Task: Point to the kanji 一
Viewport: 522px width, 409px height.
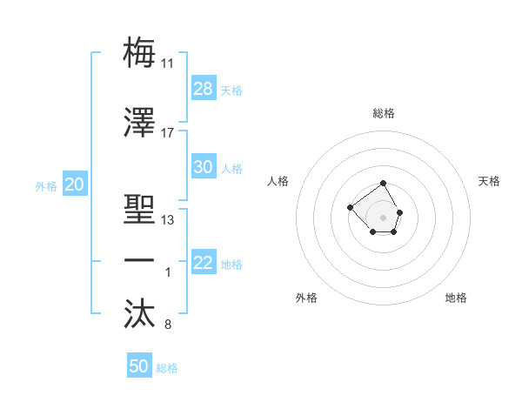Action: pos(140,261)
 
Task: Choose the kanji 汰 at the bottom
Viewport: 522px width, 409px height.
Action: pos(140,314)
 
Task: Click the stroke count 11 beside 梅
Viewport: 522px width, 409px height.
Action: pos(168,64)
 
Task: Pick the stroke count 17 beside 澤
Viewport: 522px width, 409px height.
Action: pos(168,133)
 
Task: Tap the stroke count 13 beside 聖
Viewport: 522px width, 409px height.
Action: pos(168,220)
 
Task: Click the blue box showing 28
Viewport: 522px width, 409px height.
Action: pos(204,89)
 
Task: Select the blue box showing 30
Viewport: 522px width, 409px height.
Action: pos(204,167)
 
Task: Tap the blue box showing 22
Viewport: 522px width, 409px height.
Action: pos(204,263)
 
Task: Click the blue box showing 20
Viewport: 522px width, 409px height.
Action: pos(74,184)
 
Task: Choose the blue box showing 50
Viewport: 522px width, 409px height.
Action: pos(139,366)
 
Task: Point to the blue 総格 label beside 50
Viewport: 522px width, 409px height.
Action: pos(167,368)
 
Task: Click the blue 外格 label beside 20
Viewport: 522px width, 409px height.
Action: pos(45,185)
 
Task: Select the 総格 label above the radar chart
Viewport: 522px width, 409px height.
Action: pos(384,113)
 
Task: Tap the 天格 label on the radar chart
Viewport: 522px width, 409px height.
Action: pos(489,181)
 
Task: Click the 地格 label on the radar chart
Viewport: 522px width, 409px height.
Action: pos(456,298)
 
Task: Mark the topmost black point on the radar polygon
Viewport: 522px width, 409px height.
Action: pos(384,184)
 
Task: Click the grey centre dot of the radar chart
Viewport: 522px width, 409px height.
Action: pos(384,217)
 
